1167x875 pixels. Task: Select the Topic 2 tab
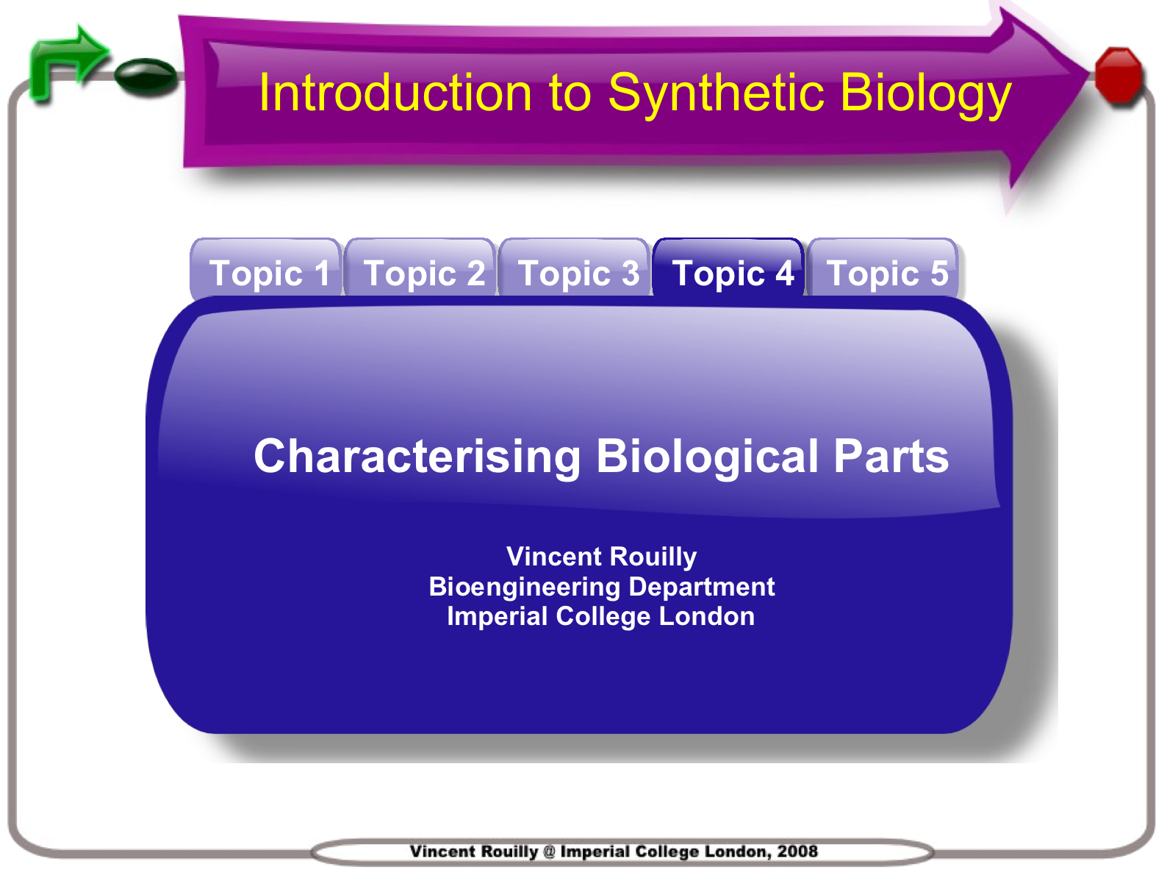(420, 268)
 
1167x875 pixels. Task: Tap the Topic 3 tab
(574, 268)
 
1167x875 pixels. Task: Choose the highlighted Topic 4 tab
(728, 268)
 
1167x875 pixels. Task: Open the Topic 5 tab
(883, 268)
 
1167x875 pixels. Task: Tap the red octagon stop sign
(1119, 74)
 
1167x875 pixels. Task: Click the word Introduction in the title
(395, 93)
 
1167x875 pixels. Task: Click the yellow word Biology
(926, 95)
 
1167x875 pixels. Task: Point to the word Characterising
(417, 457)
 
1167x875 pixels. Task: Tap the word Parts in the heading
(891, 457)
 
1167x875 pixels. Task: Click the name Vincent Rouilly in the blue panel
(601, 557)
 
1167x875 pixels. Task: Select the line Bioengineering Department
(601, 587)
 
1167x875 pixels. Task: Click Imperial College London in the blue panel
(601, 616)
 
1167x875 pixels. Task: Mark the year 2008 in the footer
(797, 851)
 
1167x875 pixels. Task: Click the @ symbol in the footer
(549, 851)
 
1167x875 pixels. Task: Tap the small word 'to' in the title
(570, 95)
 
